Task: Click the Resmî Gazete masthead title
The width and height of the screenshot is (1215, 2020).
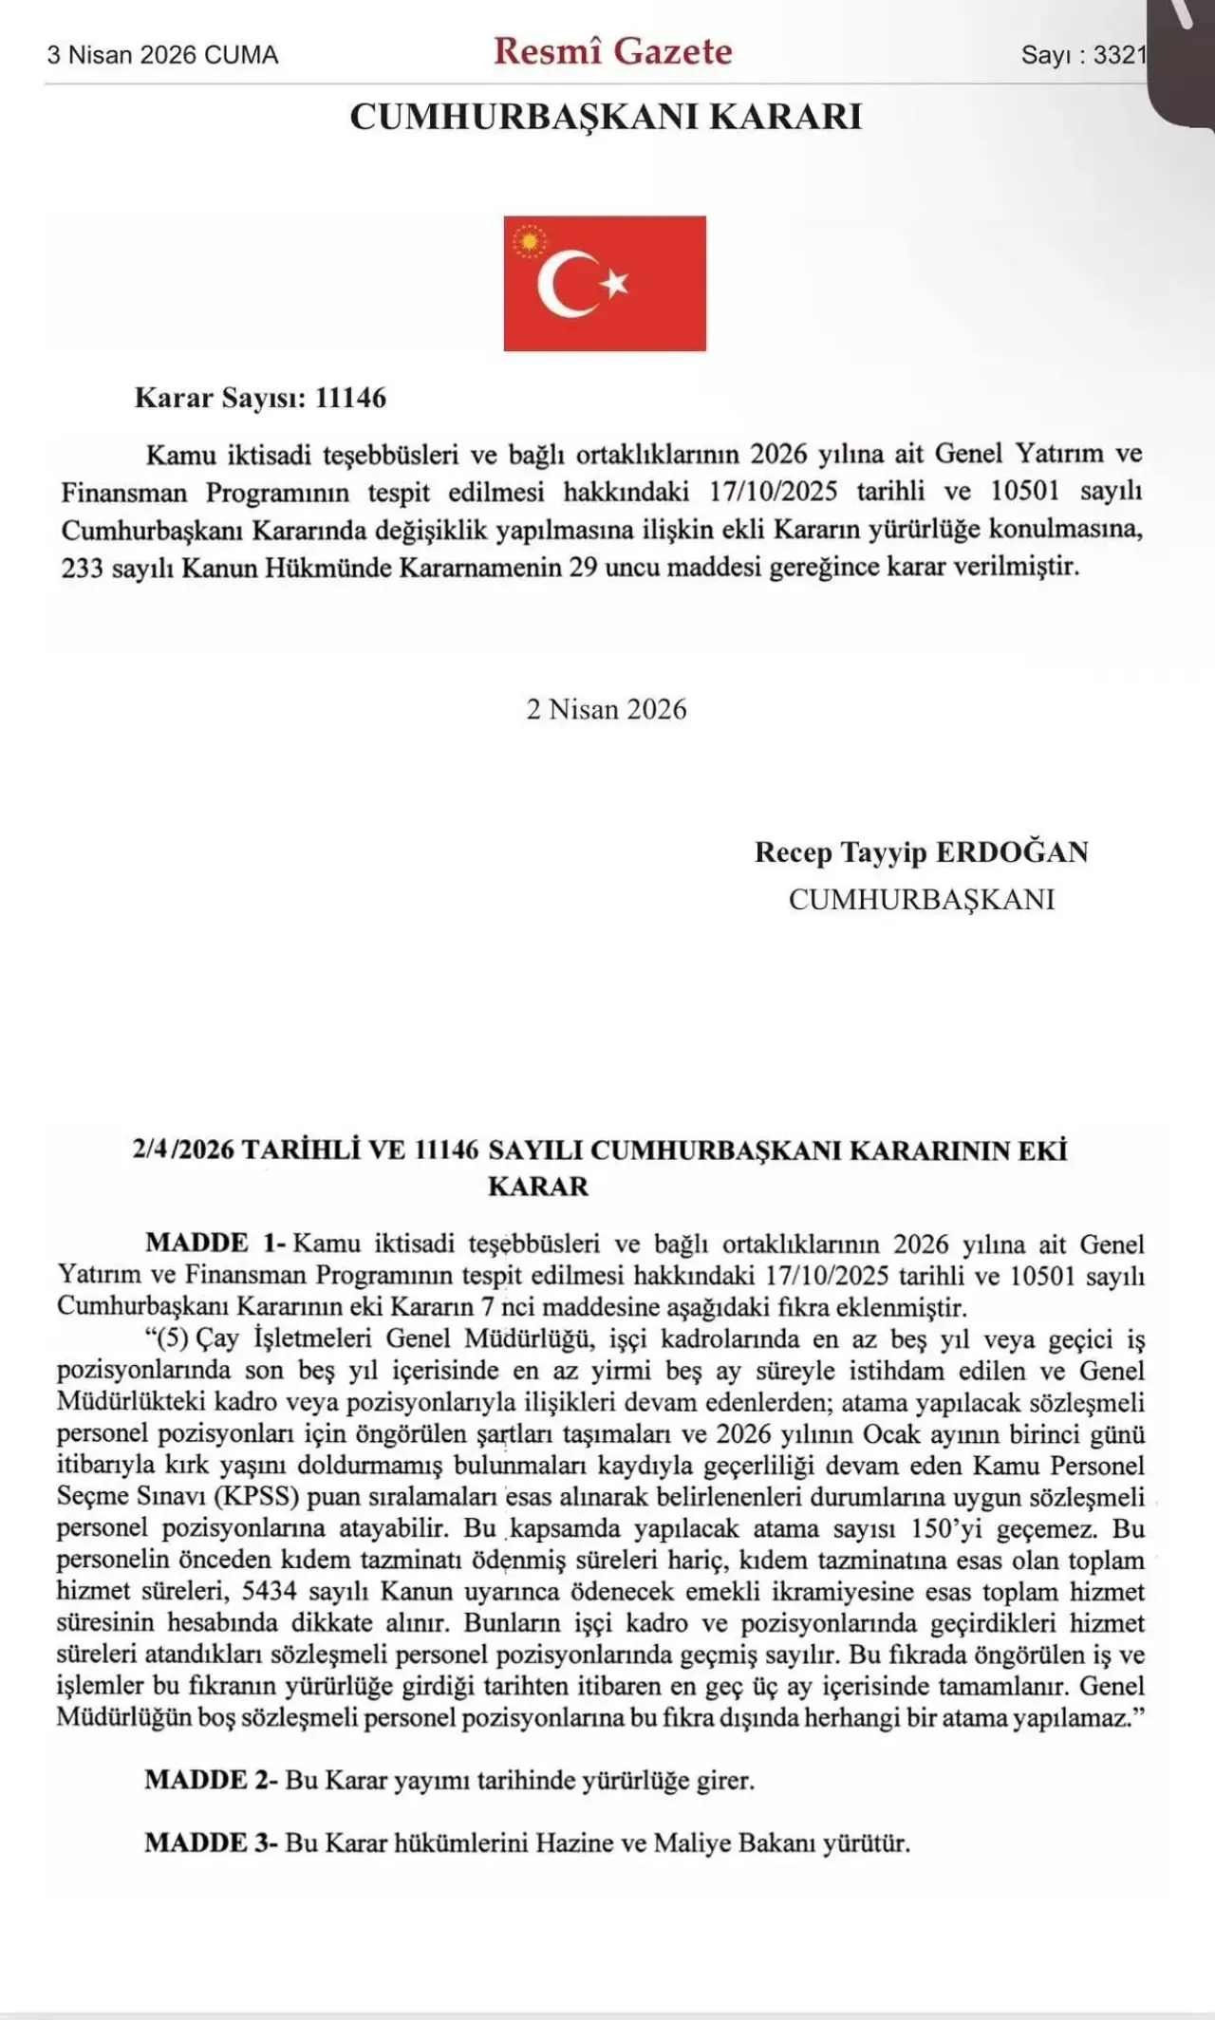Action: pos(612,51)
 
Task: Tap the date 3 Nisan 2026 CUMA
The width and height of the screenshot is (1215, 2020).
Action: pos(162,55)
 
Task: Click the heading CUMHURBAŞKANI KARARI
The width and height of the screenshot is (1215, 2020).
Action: pos(606,117)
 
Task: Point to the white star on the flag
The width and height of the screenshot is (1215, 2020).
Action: pos(616,282)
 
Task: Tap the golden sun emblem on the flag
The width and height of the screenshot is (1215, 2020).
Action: pos(530,243)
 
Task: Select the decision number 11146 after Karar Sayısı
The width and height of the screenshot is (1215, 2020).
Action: pos(350,398)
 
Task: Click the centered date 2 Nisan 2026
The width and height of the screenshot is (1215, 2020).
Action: pos(607,709)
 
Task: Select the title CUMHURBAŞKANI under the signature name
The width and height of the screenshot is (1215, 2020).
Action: pos(922,899)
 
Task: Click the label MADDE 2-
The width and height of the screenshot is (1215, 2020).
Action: pos(211,1780)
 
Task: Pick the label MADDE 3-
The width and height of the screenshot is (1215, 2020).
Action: pos(211,1843)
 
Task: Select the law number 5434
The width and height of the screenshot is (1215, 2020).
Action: pos(269,1591)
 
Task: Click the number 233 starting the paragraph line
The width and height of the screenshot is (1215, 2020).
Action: pos(82,569)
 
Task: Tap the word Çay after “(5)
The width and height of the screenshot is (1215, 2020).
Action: pos(217,1338)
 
